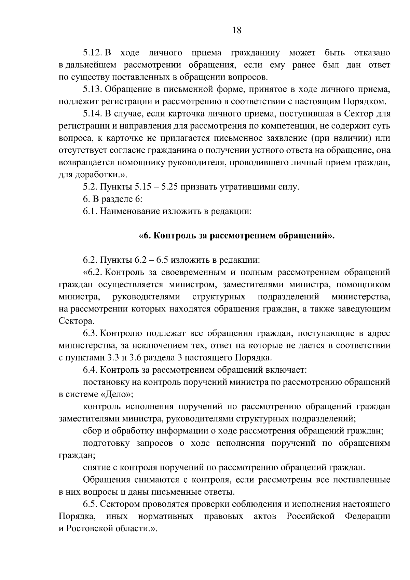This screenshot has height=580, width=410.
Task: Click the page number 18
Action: click(x=236, y=30)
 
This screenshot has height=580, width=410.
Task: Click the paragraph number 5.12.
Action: click(x=93, y=53)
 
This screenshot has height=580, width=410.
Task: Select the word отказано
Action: click(x=372, y=53)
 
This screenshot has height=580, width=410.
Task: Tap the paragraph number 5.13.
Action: click(x=93, y=89)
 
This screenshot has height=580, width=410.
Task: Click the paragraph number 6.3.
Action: click(x=91, y=333)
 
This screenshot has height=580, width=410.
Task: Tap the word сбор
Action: click(x=91, y=431)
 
